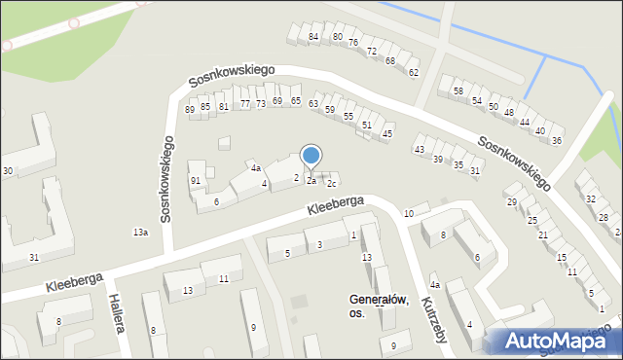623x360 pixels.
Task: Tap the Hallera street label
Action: [116, 313]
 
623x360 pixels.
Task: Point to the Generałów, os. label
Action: [379, 306]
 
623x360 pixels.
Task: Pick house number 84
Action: [313, 37]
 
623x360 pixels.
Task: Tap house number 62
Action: [414, 73]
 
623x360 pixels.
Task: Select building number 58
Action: [458, 91]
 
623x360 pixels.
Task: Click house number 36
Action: [557, 141]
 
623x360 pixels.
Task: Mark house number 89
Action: [190, 110]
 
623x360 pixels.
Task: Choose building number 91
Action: [196, 181]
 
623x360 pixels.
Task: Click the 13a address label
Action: [140, 233]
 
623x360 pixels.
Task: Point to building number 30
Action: [7, 171]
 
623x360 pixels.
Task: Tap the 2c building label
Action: [331, 184]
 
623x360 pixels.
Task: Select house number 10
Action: [409, 213]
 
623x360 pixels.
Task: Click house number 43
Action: [420, 150]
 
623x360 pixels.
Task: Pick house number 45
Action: [387, 133]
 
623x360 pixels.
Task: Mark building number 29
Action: [511, 201]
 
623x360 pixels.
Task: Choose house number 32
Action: [591, 199]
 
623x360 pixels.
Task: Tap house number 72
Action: [372, 51]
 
